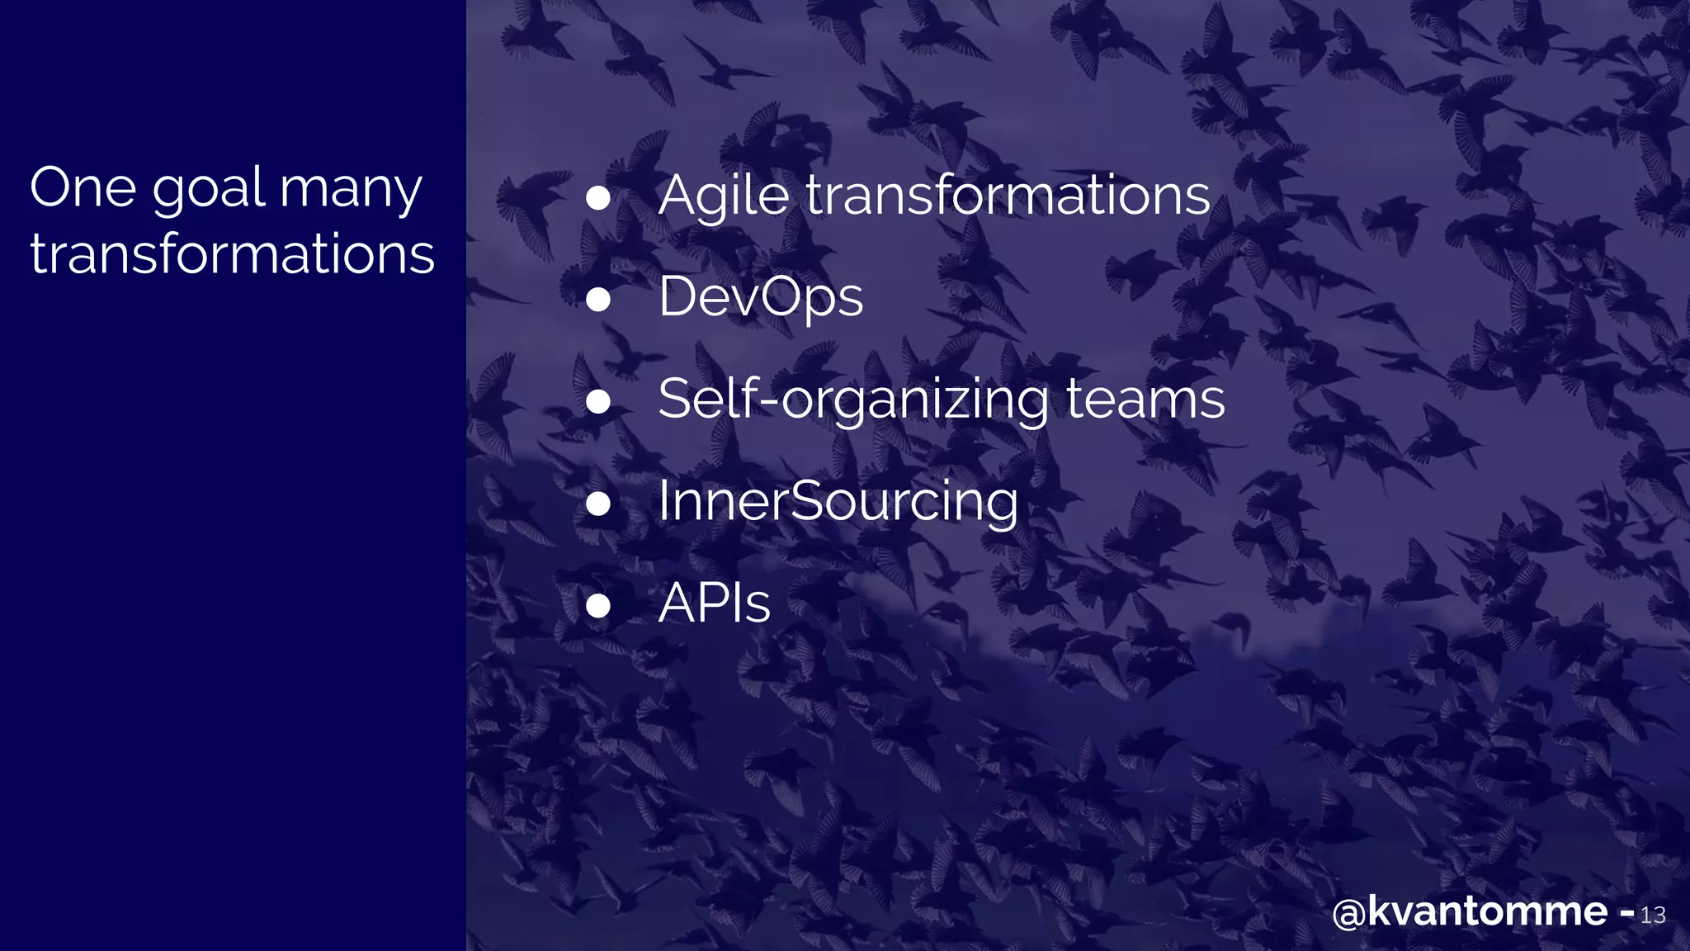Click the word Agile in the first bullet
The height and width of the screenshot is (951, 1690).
[x=724, y=196]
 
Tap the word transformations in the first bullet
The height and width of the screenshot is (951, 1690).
[x=1008, y=196]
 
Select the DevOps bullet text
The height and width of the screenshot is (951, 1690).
[x=761, y=297]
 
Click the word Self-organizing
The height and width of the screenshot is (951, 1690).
[x=853, y=400]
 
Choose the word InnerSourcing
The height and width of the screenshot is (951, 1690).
[x=838, y=502]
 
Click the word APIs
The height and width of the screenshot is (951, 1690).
[x=715, y=603]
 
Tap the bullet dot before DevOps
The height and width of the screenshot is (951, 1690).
[x=597, y=300]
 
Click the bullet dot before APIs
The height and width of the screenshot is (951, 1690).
[x=597, y=606]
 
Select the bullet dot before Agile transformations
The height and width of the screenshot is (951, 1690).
[x=597, y=198]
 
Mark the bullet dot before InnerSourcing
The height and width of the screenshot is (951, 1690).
[x=597, y=504]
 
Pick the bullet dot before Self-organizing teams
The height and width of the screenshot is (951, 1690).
[x=597, y=402]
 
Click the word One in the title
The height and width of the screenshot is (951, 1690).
[x=83, y=188]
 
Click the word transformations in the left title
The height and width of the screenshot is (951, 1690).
[x=232, y=253]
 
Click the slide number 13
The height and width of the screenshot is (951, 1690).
[x=1653, y=916]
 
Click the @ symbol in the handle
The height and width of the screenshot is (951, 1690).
[x=1349, y=914]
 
